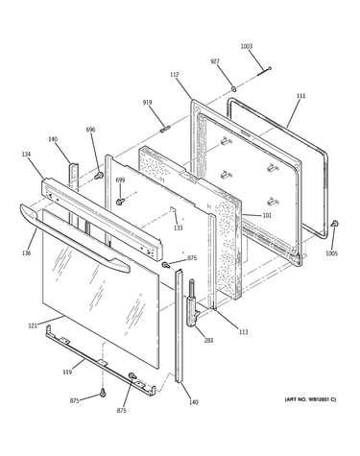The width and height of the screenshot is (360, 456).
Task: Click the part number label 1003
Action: pyautogui.click(x=247, y=46)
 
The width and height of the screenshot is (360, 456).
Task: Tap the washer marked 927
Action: pyautogui.click(x=234, y=87)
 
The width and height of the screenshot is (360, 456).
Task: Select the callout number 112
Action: pyautogui.click(x=175, y=75)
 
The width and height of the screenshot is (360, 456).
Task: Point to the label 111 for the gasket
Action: pyautogui.click(x=300, y=96)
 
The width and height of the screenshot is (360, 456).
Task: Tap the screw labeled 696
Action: pyautogui.click(x=99, y=175)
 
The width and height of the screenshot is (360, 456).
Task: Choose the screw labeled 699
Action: pyautogui.click(x=120, y=202)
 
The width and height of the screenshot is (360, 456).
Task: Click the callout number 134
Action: pyautogui.click(x=26, y=155)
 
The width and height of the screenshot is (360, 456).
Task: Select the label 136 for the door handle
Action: pyautogui.click(x=26, y=253)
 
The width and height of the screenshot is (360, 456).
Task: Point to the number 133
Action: pyautogui.click(x=179, y=228)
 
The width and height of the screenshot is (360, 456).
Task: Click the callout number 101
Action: pyautogui.click(x=267, y=215)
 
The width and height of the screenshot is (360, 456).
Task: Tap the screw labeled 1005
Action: pyautogui.click(x=335, y=224)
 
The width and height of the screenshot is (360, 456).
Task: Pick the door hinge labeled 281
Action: pyautogui.click(x=193, y=302)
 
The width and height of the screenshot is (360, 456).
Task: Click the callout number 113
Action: pyautogui.click(x=244, y=332)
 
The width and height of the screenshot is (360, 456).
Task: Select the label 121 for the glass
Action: pyautogui.click(x=33, y=325)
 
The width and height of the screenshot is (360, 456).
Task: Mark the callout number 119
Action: pyautogui.click(x=67, y=372)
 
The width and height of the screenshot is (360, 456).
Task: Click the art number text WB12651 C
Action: pyautogui.click(x=321, y=399)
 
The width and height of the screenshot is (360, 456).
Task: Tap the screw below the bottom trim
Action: pyautogui.click(x=103, y=393)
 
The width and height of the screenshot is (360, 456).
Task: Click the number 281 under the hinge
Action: pyautogui.click(x=208, y=341)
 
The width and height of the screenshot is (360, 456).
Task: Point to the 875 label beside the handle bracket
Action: pyautogui.click(x=192, y=258)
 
